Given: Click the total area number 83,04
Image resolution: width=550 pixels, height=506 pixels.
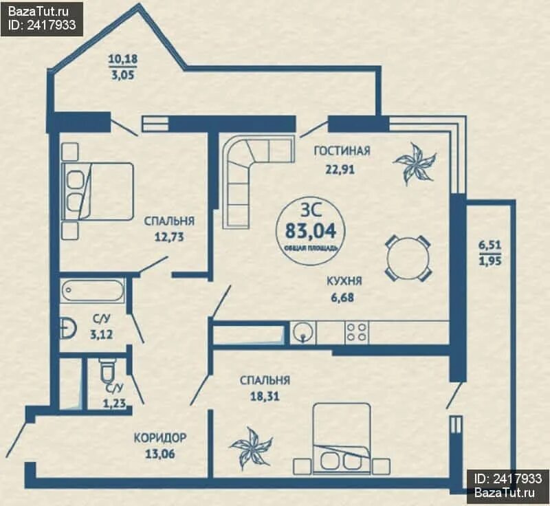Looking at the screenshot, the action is click(x=311, y=231).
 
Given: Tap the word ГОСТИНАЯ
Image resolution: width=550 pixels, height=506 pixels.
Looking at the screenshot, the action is click(x=342, y=151).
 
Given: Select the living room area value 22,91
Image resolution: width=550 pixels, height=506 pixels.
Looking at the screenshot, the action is click(x=340, y=170).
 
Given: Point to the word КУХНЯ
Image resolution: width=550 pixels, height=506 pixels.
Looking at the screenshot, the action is click(x=344, y=281).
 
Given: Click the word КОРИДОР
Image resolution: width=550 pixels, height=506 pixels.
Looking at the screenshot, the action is click(x=160, y=438).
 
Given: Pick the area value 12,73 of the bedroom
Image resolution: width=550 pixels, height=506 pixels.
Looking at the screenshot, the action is click(x=169, y=237).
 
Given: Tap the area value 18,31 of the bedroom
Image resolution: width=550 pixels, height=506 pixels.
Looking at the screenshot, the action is click(x=265, y=396).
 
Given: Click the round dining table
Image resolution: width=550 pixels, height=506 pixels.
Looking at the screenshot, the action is click(x=408, y=258).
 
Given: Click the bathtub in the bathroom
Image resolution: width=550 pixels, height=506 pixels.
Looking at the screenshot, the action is click(x=93, y=290).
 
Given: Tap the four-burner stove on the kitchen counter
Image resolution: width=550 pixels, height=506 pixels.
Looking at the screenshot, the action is click(x=356, y=333).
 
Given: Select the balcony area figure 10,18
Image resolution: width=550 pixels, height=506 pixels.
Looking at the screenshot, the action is click(x=123, y=58).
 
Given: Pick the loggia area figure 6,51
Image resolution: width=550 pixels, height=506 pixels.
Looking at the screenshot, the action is click(x=490, y=245).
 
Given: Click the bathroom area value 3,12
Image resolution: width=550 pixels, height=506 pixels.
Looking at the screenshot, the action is click(x=101, y=335).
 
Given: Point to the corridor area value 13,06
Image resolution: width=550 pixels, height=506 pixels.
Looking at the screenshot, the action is click(x=159, y=454).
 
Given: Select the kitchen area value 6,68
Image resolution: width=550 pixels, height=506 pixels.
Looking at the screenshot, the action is click(x=342, y=298).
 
